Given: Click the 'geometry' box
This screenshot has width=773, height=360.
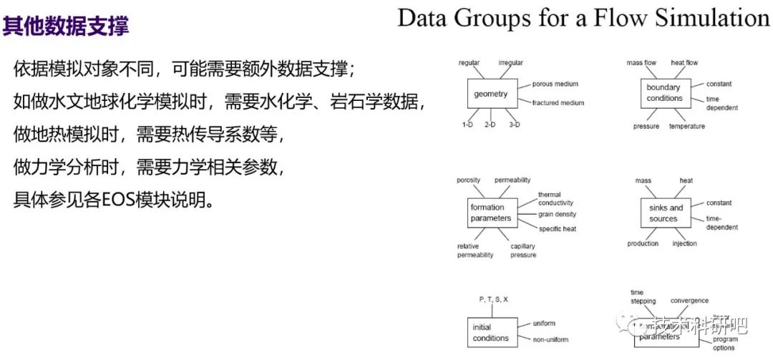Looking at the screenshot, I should point(491,94).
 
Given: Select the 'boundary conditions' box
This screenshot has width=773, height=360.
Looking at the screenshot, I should point(664,94).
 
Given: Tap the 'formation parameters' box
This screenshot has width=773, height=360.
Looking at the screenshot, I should point(491,213).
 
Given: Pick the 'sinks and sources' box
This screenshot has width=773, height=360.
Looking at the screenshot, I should point(663,213).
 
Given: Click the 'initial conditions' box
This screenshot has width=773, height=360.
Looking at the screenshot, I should point(491,332).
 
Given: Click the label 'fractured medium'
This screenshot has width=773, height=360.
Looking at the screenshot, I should point(558,103).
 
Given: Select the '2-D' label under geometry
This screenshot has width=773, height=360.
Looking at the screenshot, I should point(490,125).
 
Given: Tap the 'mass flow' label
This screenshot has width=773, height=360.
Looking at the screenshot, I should point(641,63).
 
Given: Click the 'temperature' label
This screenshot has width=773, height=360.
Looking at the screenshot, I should point(686,127).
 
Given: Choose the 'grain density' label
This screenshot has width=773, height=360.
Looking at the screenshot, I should point(557,214).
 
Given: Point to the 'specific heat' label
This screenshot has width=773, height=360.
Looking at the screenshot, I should point(558,229).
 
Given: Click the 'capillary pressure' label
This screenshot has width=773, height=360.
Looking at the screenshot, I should point(522,250).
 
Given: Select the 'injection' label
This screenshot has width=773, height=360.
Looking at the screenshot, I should point(684,244).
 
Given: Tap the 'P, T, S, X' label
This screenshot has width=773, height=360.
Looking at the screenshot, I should point(493,298).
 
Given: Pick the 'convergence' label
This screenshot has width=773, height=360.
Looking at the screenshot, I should point(689,301).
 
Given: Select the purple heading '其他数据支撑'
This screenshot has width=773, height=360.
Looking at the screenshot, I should point(66,27).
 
